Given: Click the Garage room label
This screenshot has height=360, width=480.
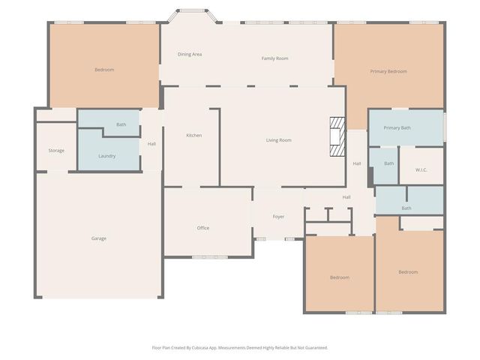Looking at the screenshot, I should pos(99,238).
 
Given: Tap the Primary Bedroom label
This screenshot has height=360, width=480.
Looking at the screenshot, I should pos(388,71).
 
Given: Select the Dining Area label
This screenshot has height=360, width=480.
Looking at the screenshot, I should pos(190,54).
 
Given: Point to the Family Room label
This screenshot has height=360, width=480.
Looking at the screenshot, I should pos(274,58).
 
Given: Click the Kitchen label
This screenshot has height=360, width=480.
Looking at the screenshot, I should pos(194,135).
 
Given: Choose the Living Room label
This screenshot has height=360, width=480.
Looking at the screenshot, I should pos(279,140).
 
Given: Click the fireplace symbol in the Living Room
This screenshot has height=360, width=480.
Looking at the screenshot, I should pos(337,137).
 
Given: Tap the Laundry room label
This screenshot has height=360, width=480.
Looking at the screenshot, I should pos(106,156).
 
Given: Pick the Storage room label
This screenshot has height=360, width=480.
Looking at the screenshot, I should pos(56,151).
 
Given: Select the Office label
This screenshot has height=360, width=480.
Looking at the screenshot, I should pos(203,228).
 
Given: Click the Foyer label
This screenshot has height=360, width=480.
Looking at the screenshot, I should pos(278,217).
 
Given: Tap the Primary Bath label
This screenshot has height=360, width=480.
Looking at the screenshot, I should pos(397,127).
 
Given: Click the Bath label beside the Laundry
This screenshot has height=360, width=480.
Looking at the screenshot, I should pos(121,124).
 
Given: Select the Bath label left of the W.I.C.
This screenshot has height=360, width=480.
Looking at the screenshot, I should pos(388,163).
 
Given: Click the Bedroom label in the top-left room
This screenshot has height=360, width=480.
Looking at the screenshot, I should pos(104,70).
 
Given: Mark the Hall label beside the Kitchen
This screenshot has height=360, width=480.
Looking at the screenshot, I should pos(151,144).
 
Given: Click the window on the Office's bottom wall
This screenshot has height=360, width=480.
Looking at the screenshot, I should pos(209,257).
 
